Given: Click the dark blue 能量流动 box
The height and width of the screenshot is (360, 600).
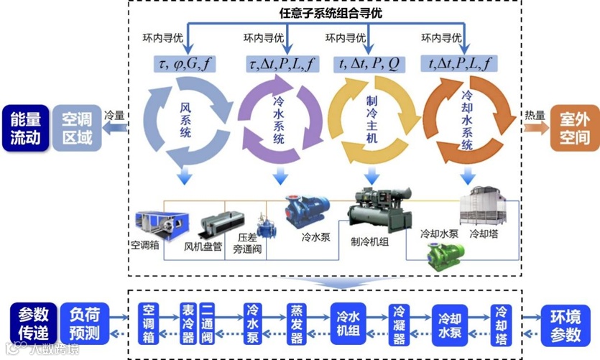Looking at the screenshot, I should (24, 129).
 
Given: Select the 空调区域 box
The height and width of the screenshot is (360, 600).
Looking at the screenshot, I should (77, 129).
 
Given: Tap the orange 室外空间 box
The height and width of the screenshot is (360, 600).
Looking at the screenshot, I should (574, 129).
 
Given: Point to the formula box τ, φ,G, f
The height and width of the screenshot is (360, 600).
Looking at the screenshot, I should (185, 63).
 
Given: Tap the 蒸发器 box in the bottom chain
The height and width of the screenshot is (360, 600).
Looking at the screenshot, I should (297, 324).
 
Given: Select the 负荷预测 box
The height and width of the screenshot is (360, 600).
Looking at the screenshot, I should (85, 324).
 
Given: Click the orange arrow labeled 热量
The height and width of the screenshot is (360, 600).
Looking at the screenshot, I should (535, 127).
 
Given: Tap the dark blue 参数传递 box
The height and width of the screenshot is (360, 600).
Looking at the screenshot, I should (34, 324).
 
